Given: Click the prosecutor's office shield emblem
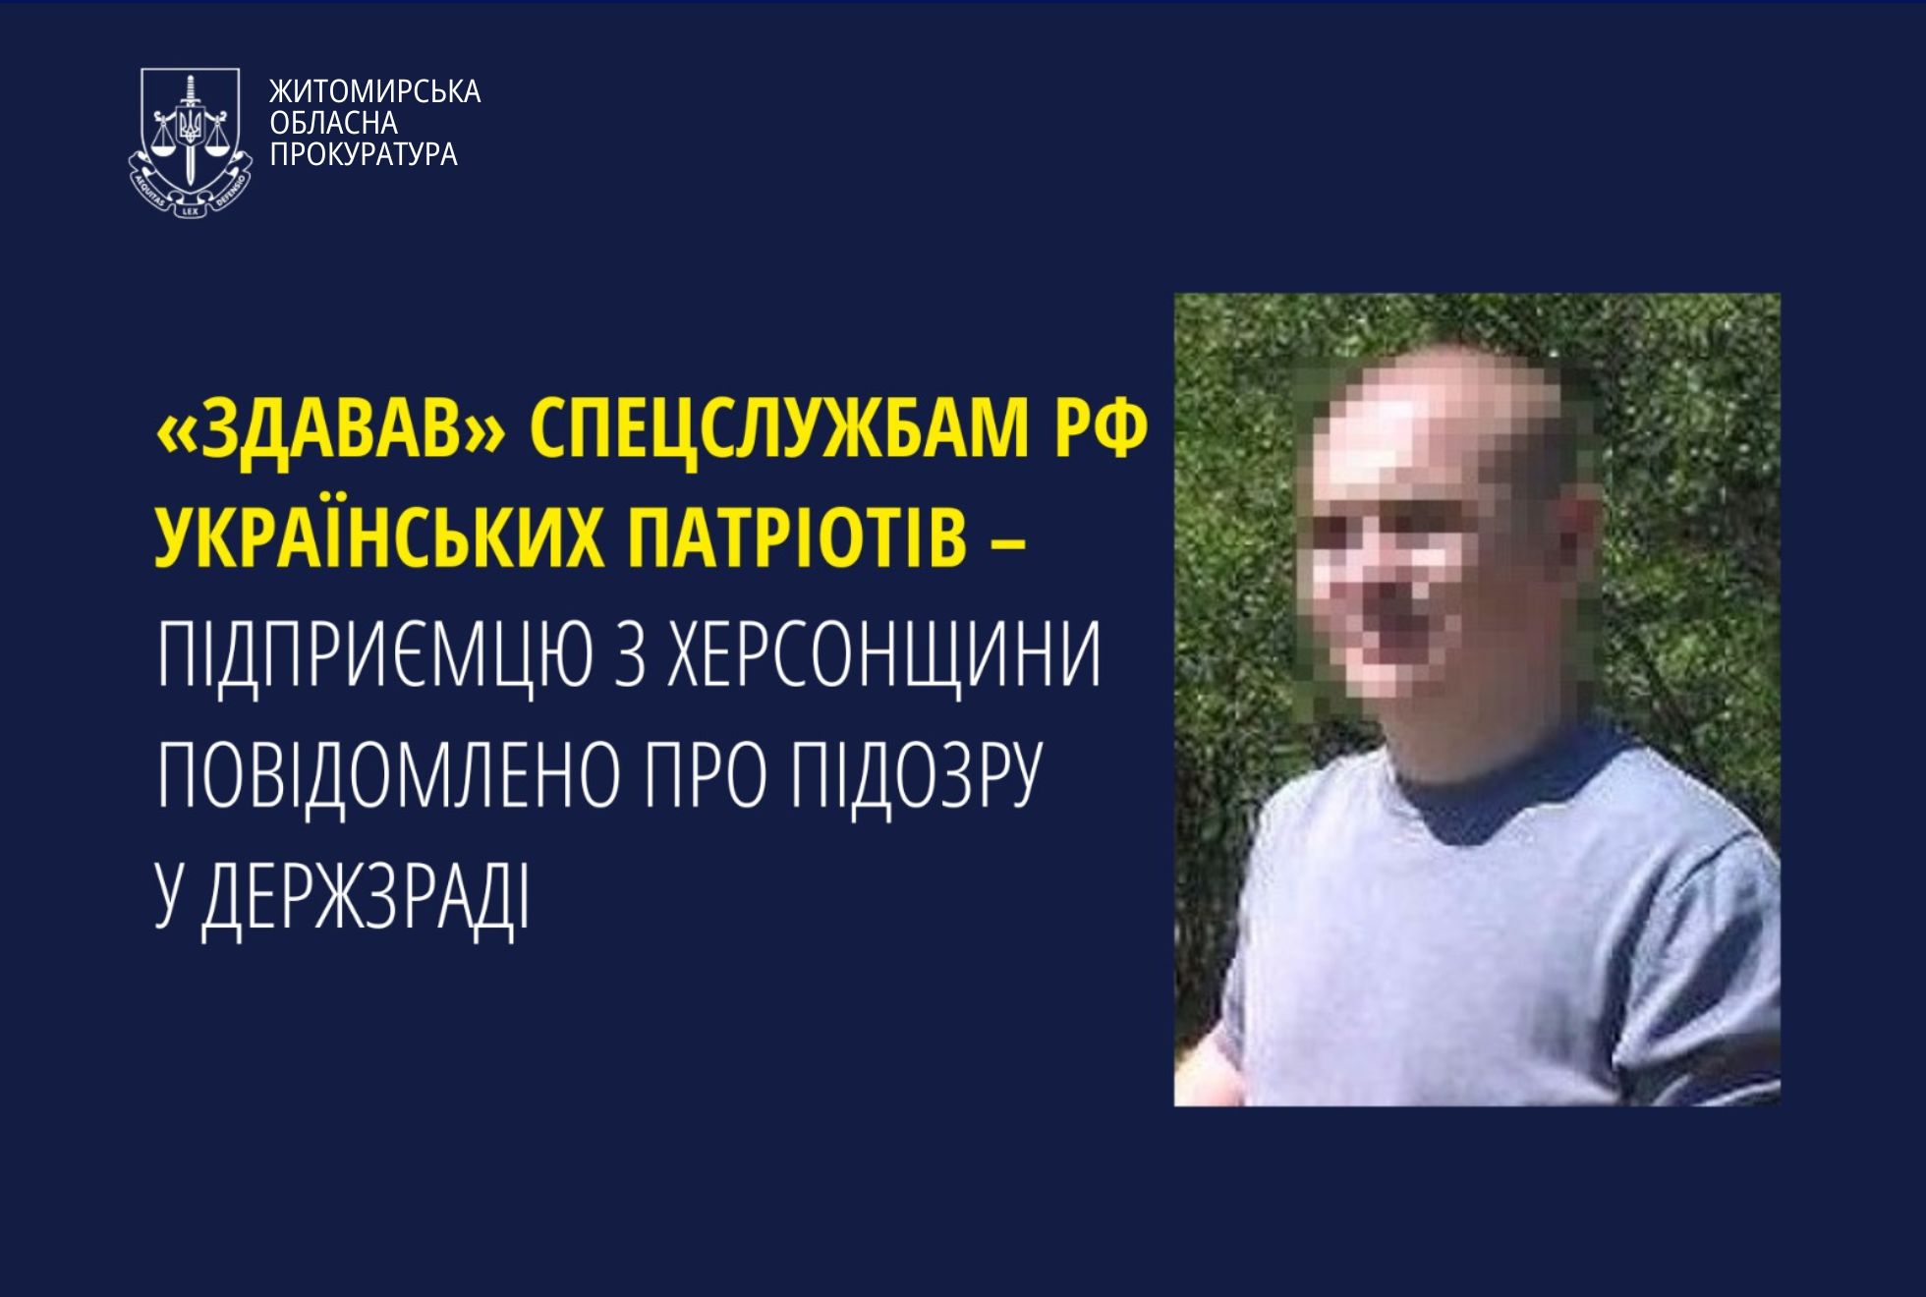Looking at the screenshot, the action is point(190,142).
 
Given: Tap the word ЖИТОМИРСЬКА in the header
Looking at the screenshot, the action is point(374,91).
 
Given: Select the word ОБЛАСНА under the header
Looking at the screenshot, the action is point(334,123).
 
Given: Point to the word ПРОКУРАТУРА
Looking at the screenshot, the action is point(364,154).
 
